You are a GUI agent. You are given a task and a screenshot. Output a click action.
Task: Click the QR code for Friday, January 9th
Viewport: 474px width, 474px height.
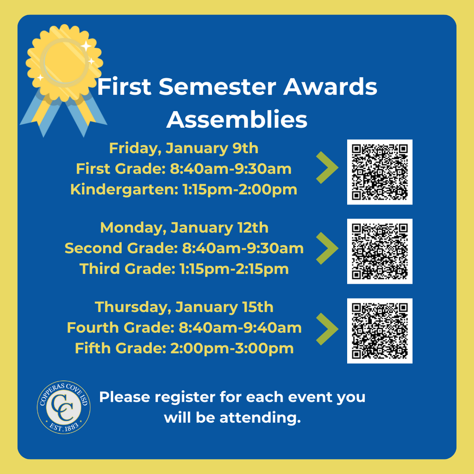(x=380, y=172)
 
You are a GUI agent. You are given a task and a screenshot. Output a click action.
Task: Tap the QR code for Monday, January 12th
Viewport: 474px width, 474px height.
(x=380, y=251)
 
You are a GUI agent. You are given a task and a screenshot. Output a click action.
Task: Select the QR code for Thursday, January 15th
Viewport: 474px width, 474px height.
(x=380, y=331)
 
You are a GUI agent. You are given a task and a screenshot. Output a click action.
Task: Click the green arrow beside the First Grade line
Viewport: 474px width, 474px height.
(x=327, y=169)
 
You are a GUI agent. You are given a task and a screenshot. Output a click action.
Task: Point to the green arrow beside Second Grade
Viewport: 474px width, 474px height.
(x=327, y=249)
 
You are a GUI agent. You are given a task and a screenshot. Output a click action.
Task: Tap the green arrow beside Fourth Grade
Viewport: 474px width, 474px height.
(x=327, y=328)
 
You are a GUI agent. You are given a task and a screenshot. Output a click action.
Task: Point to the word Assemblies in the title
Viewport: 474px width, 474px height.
(x=237, y=120)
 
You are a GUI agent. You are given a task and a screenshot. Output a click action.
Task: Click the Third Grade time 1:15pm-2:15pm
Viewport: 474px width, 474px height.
(x=234, y=269)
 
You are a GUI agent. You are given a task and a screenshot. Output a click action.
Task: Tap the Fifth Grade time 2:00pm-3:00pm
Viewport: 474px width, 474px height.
(x=231, y=348)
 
